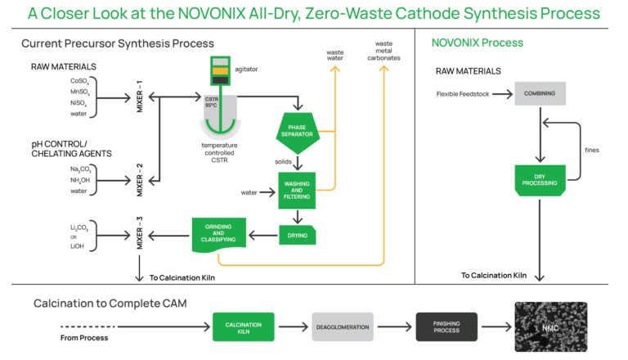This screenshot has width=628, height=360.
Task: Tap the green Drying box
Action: (x=296, y=236)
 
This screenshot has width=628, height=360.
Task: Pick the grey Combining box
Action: (x=540, y=94)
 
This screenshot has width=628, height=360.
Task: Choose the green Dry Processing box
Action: (x=540, y=179)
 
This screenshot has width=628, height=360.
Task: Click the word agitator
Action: (x=247, y=69)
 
